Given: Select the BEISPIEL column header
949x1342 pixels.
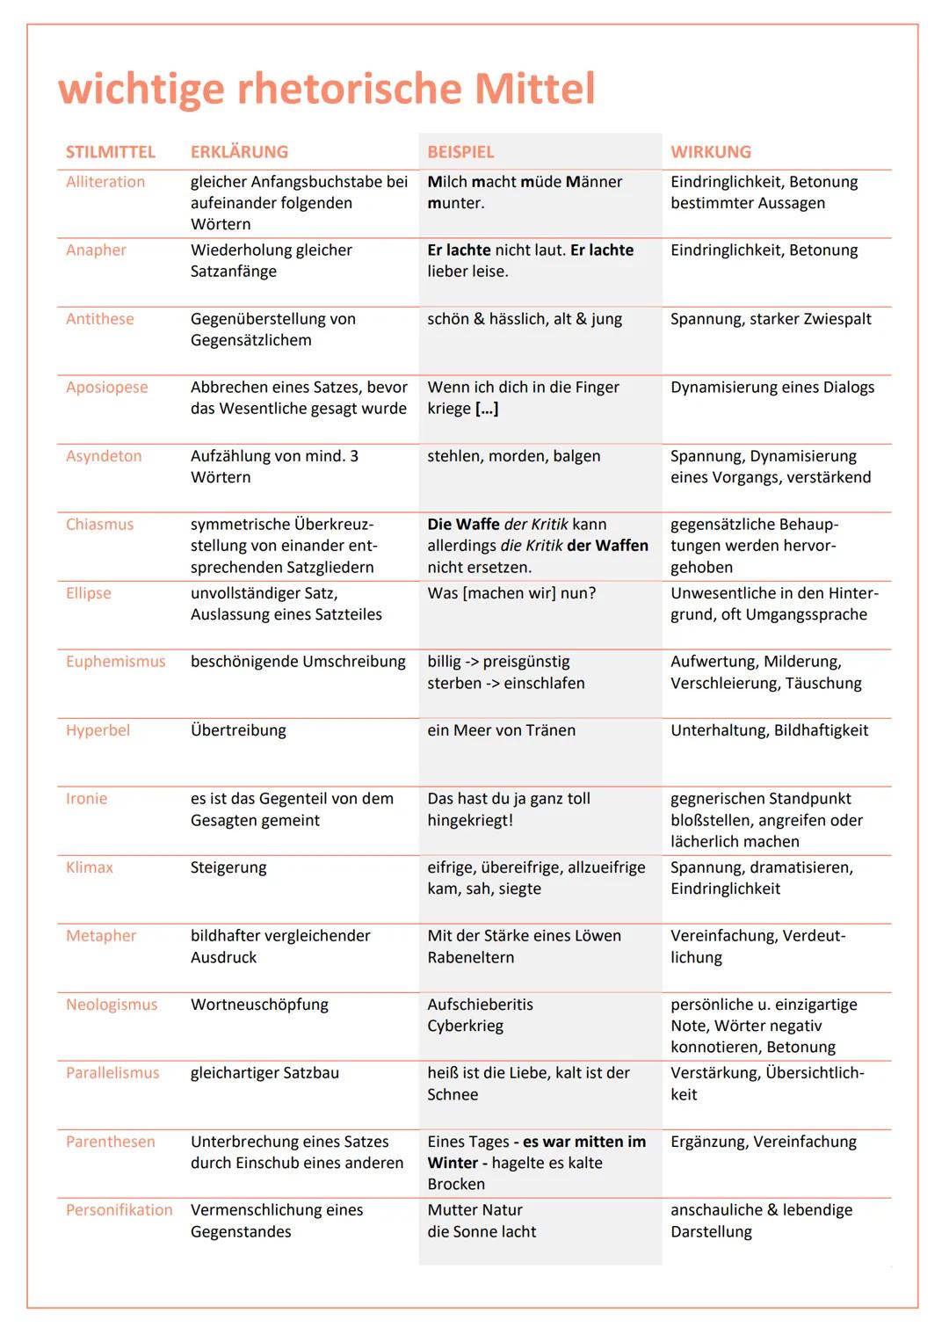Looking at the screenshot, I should [460, 152].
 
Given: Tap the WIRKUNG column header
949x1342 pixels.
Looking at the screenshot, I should [711, 152].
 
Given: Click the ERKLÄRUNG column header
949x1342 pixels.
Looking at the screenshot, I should [239, 152].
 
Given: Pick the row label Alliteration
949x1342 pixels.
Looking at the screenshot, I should [105, 182].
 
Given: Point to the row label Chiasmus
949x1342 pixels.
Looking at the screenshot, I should [99, 525].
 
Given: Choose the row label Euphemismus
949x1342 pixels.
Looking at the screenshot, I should [115, 662].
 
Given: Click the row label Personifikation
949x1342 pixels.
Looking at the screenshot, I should [120, 1210].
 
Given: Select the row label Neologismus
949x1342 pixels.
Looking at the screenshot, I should [112, 1005].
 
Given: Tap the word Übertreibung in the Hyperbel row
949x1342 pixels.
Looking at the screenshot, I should [238, 730].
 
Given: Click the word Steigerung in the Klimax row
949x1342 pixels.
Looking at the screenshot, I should [228, 867].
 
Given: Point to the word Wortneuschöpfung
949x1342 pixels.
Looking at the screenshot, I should [259, 1005].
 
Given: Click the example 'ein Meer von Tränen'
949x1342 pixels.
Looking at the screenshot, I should [501, 730].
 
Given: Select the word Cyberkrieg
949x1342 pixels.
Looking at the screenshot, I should [465, 1026].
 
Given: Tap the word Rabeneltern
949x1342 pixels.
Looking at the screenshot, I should [471, 958].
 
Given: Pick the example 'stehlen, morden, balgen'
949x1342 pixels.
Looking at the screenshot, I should [514, 456].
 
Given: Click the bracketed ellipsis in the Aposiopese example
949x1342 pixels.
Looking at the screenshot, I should [487, 409].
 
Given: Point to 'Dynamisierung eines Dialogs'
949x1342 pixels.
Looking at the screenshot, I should [772, 388].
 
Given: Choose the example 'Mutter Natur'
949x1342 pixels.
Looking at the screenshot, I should [474, 1210].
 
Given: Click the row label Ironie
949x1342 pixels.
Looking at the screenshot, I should [86, 799].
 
